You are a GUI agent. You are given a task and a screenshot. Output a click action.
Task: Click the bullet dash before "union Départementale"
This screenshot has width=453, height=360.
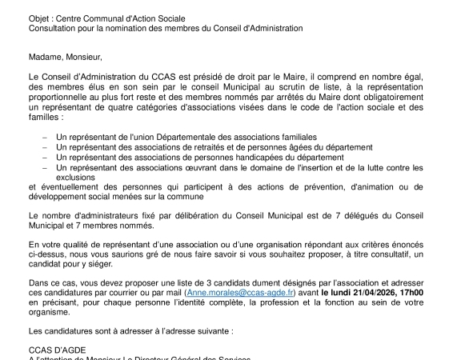[x=44, y=138]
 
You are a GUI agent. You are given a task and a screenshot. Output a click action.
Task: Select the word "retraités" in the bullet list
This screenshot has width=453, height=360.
[x=212, y=148]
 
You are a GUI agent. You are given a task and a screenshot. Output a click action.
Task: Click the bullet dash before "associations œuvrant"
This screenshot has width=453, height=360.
[x=44, y=168]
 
